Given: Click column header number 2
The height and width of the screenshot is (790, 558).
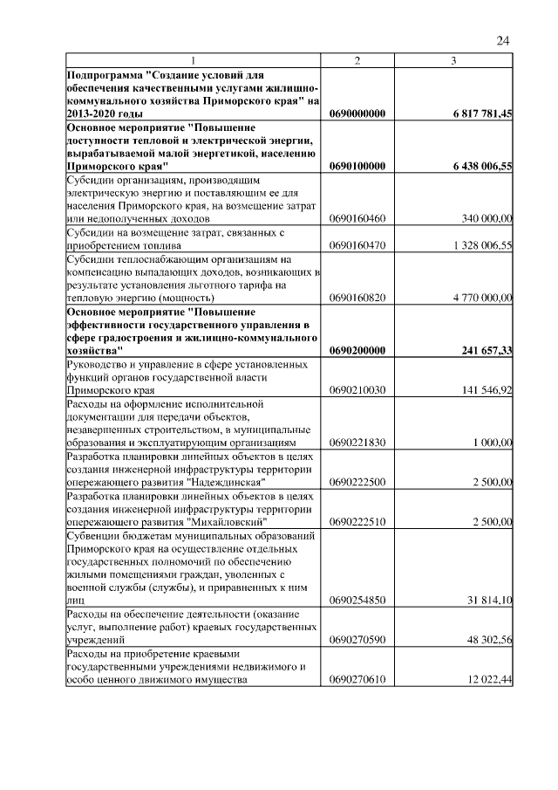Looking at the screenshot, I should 357,59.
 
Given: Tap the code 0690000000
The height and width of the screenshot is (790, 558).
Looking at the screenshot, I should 357,113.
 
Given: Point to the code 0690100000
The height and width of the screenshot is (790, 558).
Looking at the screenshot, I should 357,166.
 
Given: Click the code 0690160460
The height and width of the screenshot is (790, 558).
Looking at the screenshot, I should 357,218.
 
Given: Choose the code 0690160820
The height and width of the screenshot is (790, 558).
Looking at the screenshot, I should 357,298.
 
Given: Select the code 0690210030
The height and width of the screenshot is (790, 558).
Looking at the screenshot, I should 357,390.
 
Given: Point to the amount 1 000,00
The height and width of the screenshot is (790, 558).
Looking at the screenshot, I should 493,443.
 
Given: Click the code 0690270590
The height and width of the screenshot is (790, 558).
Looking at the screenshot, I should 357,640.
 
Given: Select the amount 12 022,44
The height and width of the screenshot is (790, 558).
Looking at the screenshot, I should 489,680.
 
